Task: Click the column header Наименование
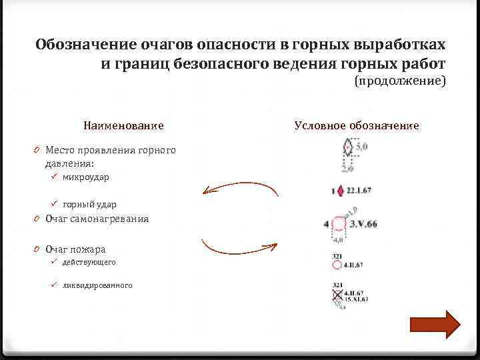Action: point(123,125)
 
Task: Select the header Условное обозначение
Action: point(356,125)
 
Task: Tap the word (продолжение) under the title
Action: point(399,81)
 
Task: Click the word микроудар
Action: point(86,177)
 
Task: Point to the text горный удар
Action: point(89,204)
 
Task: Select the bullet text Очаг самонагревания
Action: point(97,219)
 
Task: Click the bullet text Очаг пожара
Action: point(75,249)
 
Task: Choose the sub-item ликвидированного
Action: point(97,285)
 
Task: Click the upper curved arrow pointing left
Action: point(240,189)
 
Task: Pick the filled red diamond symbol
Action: point(342,191)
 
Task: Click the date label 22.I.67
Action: point(359,191)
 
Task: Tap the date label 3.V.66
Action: point(363,223)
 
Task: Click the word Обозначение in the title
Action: point(85,45)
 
